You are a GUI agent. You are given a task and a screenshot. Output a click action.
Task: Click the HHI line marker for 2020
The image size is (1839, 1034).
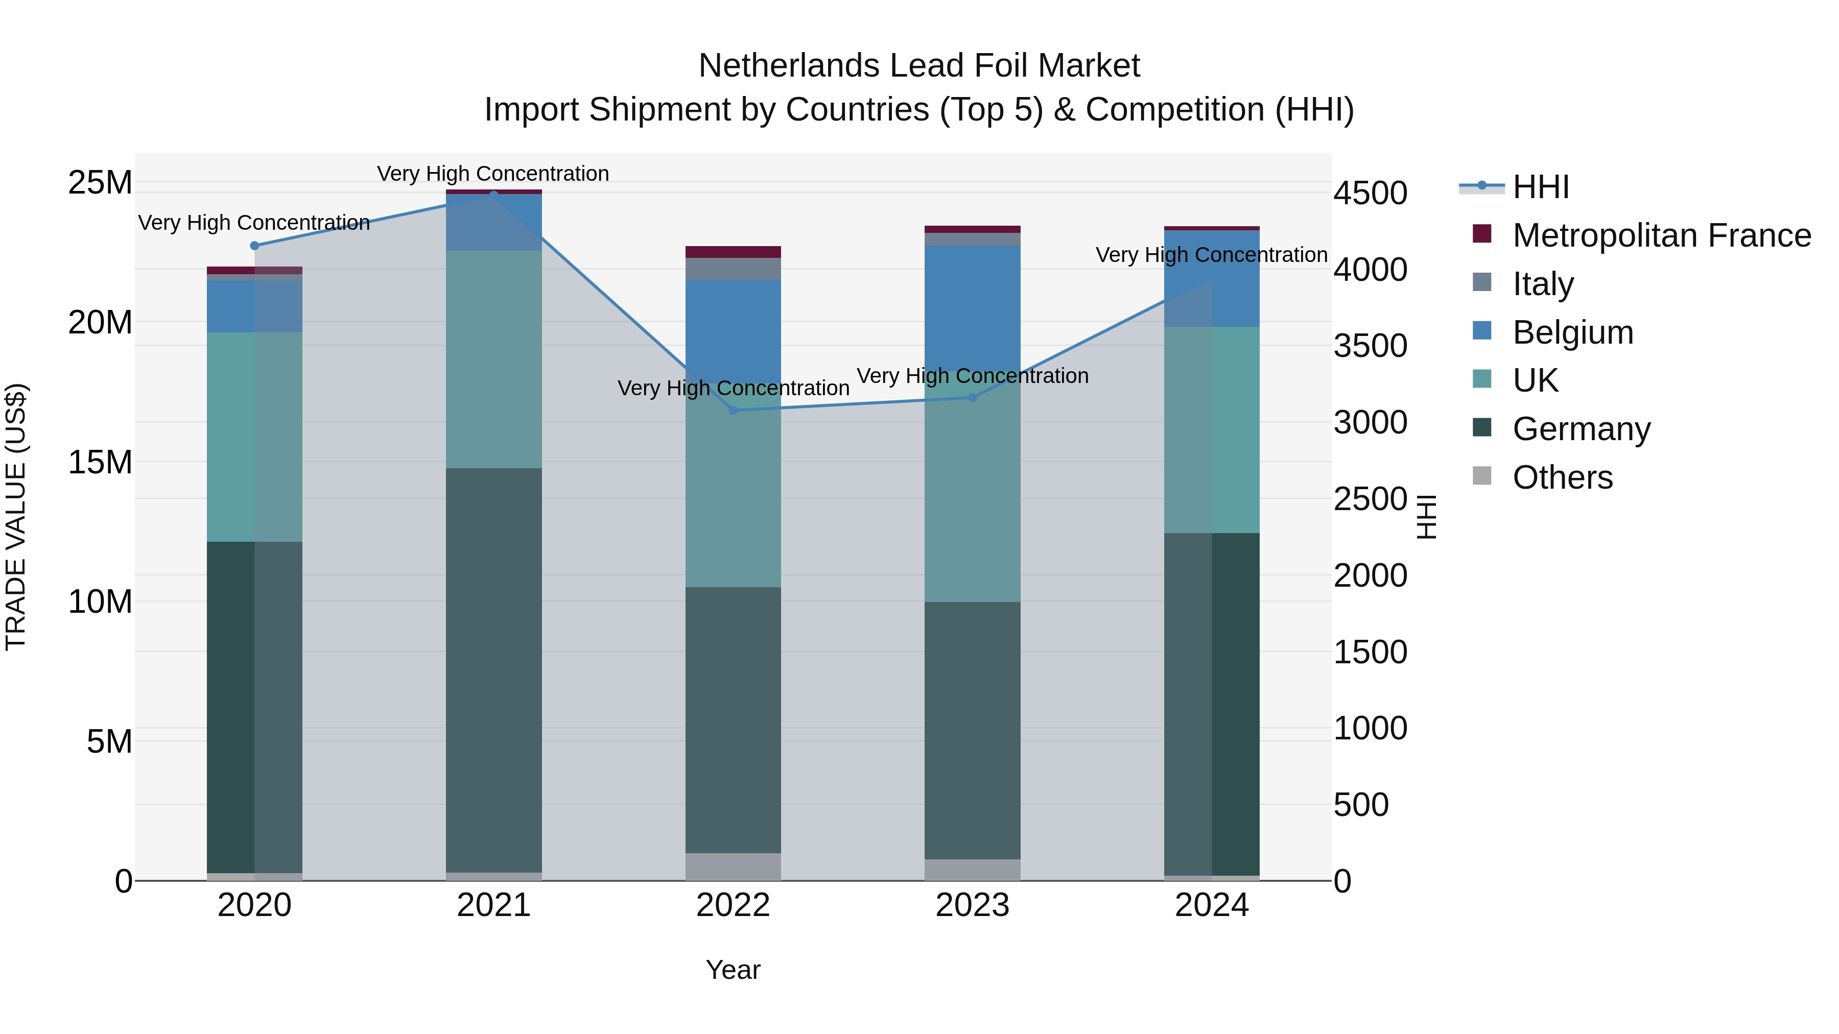[x=254, y=246]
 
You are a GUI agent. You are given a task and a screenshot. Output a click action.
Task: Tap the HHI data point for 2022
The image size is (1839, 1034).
[x=733, y=411]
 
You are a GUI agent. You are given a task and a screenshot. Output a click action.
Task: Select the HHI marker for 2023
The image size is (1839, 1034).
[x=972, y=397]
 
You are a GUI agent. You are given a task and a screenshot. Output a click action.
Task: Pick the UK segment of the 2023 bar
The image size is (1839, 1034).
[x=972, y=492]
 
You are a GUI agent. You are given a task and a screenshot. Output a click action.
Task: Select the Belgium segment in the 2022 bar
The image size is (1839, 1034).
[x=733, y=328]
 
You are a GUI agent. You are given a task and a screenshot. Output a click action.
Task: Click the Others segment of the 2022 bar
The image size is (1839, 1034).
[x=733, y=867]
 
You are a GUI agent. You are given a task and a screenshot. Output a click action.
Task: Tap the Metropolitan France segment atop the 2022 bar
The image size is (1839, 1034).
[x=733, y=252]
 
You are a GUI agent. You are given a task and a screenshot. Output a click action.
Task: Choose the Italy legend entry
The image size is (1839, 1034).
[x=1542, y=284]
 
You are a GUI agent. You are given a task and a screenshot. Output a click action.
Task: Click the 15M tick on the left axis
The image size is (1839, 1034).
[x=100, y=463]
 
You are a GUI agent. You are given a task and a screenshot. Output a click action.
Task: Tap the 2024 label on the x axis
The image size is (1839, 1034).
[x=1212, y=905]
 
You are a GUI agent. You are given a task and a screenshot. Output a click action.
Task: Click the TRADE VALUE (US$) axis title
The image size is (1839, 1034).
[x=16, y=517]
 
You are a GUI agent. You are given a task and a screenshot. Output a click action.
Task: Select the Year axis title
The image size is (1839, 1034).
[x=733, y=970]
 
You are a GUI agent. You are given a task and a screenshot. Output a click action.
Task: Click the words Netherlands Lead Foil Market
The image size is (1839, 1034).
[x=919, y=66]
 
